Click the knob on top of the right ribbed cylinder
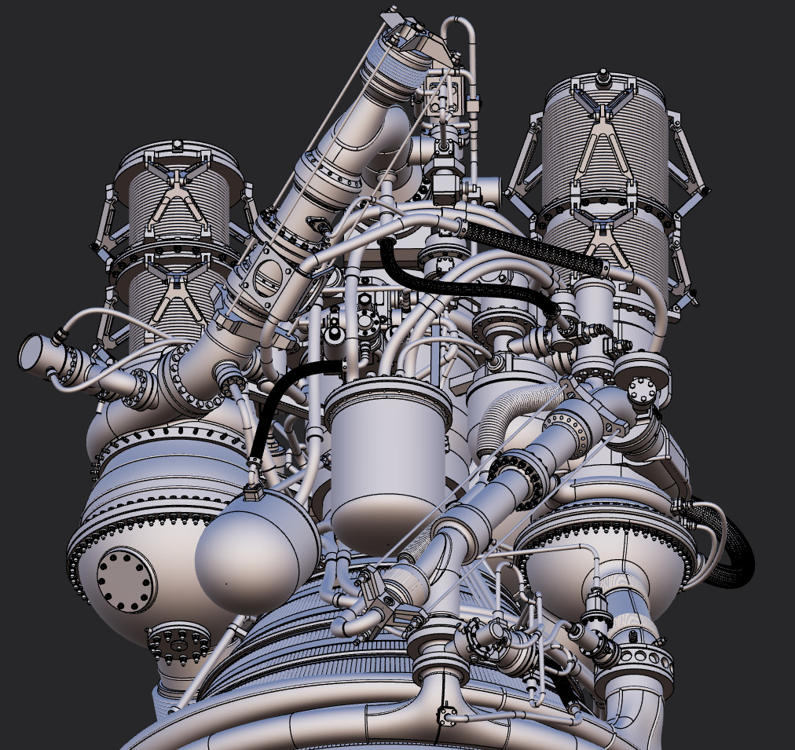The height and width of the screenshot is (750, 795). [x=603, y=75]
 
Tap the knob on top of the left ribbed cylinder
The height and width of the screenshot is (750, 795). [x=178, y=144]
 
